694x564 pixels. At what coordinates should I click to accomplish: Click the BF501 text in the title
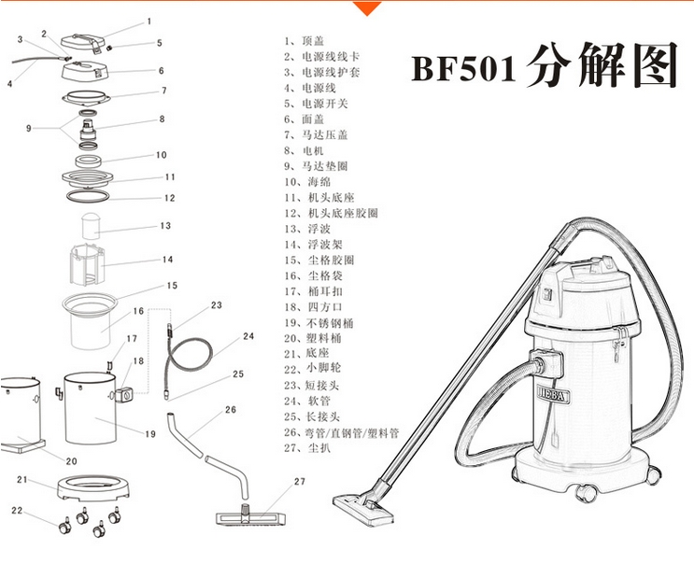[464, 69]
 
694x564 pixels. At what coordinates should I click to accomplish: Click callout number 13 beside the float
[165, 226]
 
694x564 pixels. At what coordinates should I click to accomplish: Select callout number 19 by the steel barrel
[150, 434]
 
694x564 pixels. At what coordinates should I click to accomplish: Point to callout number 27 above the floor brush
[300, 481]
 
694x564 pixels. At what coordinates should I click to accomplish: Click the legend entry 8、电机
[304, 151]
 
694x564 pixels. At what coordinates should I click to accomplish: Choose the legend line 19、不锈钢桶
[319, 323]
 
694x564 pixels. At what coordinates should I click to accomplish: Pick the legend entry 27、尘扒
[307, 448]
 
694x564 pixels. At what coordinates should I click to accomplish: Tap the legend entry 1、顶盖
[305, 41]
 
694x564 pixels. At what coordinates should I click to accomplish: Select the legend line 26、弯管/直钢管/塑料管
[341, 432]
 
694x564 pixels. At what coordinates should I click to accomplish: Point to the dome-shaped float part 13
[92, 226]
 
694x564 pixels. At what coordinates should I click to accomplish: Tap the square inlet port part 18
[124, 395]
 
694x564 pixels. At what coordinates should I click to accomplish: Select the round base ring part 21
[93, 487]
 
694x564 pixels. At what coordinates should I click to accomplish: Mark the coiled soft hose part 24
[188, 355]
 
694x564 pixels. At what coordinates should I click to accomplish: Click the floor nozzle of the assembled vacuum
[363, 510]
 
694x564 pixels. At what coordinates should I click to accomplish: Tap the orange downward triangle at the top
[367, 8]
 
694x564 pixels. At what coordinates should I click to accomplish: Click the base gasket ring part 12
[88, 195]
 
